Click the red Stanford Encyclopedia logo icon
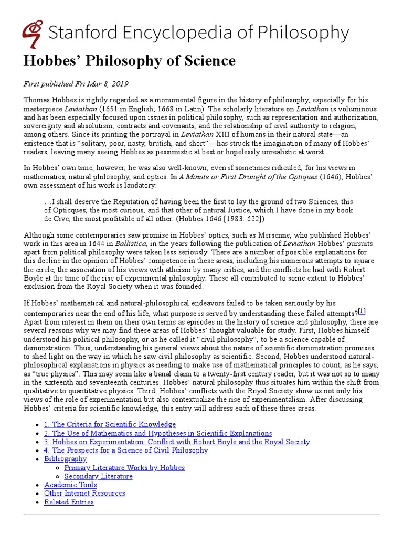[x=33, y=33]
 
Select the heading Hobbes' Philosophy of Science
[x=129, y=61]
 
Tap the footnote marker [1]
[x=362, y=311]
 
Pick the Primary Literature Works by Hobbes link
[x=124, y=467]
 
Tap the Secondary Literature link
[x=98, y=476]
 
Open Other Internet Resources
[x=84, y=493]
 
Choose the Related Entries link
[x=69, y=502]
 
